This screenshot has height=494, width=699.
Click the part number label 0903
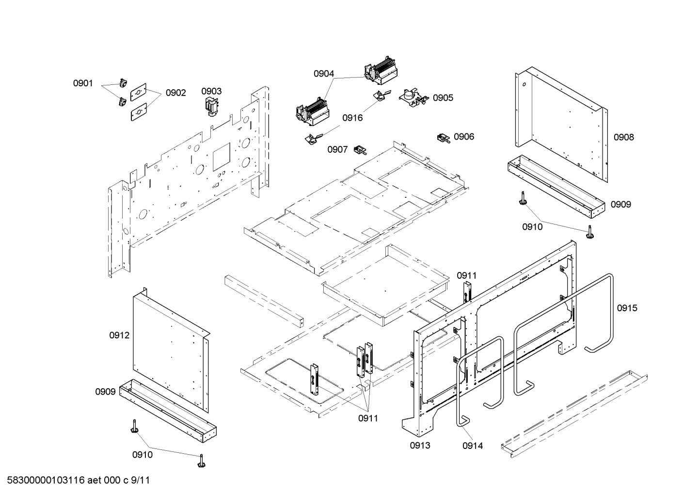pos(211,91)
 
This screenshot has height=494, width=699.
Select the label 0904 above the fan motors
pos(323,74)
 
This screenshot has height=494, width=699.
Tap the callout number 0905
pos(443,98)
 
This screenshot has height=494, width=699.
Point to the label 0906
pos(463,137)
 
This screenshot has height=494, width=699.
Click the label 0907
pos(337,149)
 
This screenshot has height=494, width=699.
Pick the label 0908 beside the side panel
pos(623,137)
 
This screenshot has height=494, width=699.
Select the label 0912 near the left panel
pos(119,335)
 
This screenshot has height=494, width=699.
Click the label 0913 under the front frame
pos(420,446)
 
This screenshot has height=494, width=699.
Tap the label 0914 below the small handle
pos(472,446)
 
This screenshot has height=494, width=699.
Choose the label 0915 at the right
pos(627,308)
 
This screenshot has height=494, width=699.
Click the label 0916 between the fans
pos(352,118)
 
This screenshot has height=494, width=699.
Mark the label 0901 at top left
pos(83,83)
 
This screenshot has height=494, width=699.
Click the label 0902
pos(175,93)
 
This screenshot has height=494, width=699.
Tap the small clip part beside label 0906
pos(443,138)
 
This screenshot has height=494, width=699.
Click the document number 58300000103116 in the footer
pos(44,480)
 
